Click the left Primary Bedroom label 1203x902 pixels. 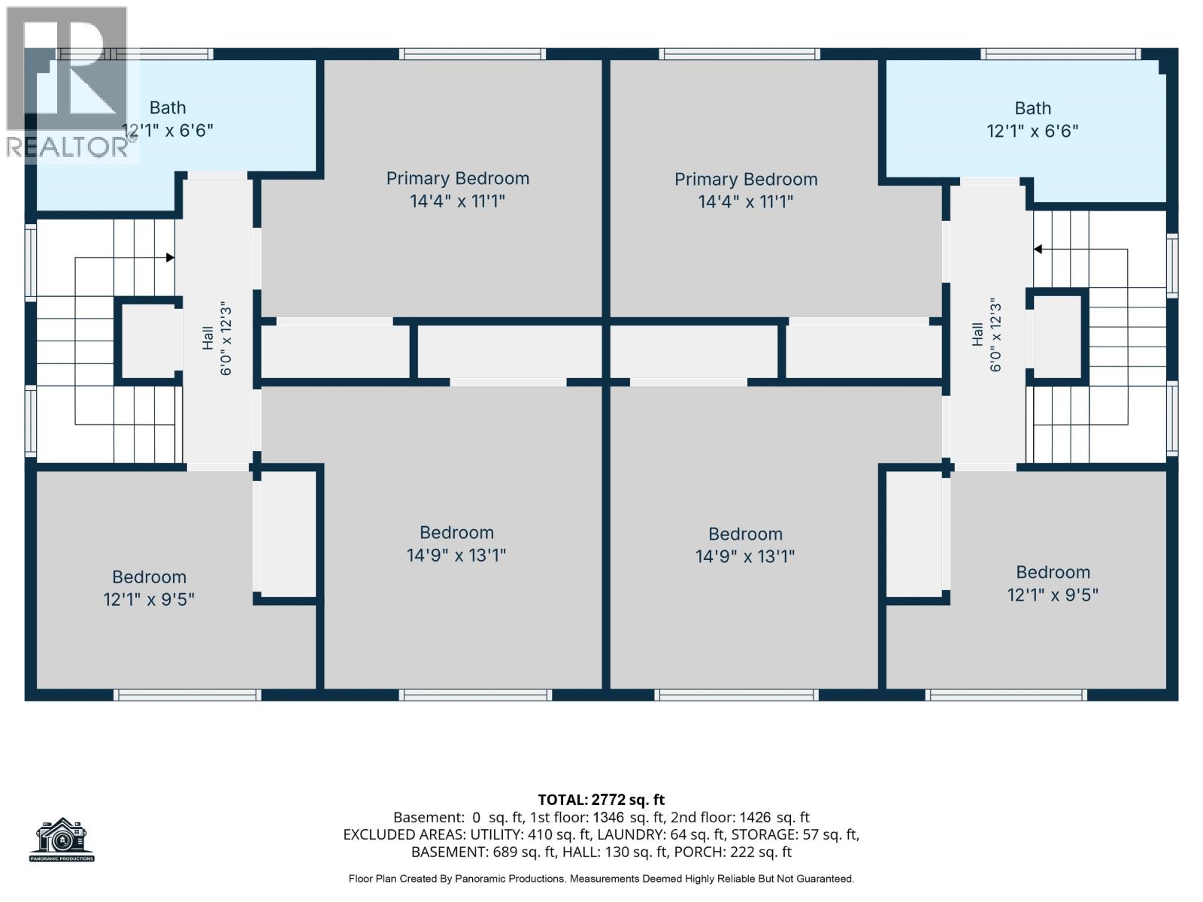click(458, 179)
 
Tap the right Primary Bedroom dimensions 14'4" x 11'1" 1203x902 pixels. click(745, 202)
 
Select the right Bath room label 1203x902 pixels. click(1032, 108)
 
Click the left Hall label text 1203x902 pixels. click(208, 338)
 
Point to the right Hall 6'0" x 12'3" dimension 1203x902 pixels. click(995, 335)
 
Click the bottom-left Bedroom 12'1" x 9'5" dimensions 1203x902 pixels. click(149, 600)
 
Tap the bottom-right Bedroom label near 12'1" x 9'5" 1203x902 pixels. click(1053, 572)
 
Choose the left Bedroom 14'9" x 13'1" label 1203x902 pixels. click(456, 533)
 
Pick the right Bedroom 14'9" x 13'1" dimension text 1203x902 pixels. click(745, 557)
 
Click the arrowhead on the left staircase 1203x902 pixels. click(171, 257)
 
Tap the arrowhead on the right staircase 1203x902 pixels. click(1038, 250)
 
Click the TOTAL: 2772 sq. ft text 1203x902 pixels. click(601, 800)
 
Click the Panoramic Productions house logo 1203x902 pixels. click(62, 839)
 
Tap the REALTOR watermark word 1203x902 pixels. click(68, 147)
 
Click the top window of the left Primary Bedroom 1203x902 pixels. click(472, 53)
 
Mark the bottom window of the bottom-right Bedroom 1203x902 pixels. click(1006, 695)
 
